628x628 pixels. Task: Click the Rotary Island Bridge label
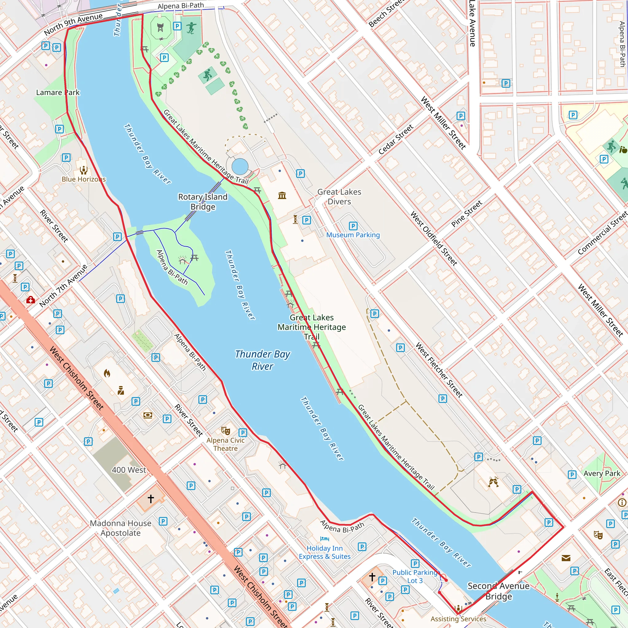[x=202, y=201]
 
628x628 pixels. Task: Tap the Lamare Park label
[x=58, y=92]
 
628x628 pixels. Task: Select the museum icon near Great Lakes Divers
[x=282, y=195]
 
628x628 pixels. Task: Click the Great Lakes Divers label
[x=339, y=196]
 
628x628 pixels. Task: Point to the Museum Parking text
[x=353, y=235]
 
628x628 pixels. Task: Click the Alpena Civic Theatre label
[x=225, y=444]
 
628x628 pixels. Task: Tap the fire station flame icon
[x=107, y=373]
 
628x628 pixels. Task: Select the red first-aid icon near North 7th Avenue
[x=31, y=300]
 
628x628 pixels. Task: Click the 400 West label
[x=129, y=470]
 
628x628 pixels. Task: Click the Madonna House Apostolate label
[x=121, y=528]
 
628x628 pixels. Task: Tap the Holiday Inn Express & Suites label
[x=324, y=552]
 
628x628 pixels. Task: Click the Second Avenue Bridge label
[x=498, y=591]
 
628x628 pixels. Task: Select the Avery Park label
[x=602, y=473]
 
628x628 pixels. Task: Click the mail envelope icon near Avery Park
[x=566, y=558]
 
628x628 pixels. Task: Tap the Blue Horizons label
[x=83, y=179]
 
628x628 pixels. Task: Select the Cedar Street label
[x=396, y=139]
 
